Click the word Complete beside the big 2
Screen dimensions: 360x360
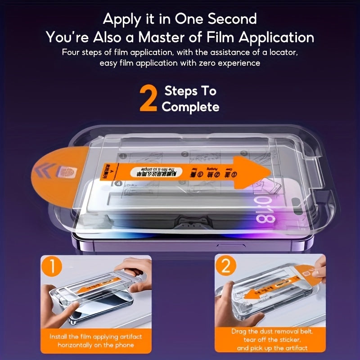[190, 107]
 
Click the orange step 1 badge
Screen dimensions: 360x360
[53, 268]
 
